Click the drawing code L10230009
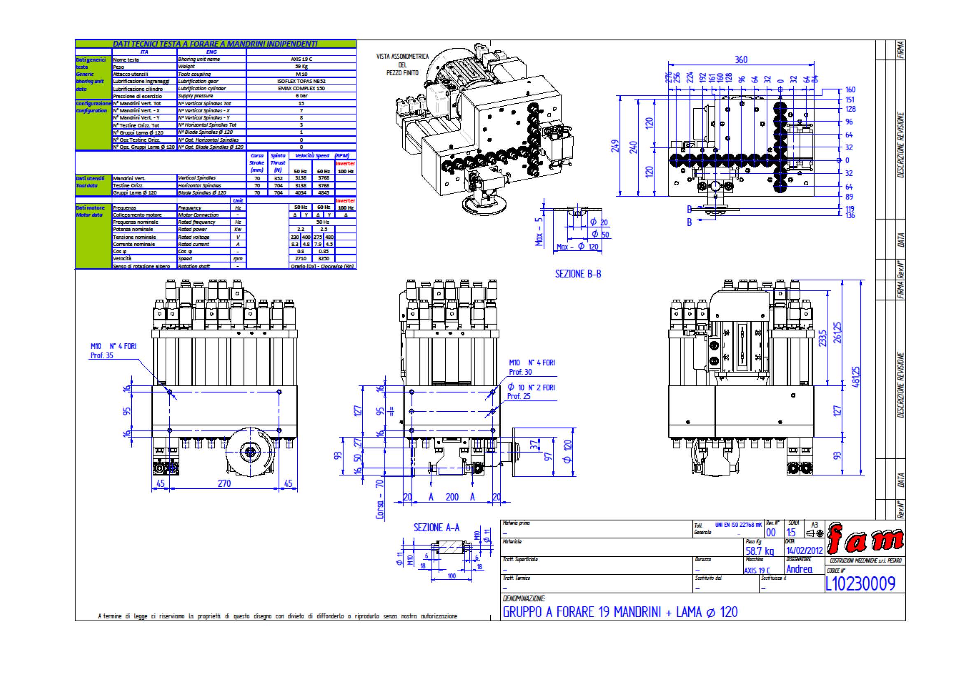[860, 583]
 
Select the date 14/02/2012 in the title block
[804, 550]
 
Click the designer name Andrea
[799, 569]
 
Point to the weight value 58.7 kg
[760, 550]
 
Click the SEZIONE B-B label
[578, 274]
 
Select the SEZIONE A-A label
[436, 527]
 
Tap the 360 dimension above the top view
[741, 60]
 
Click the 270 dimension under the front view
[224, 483]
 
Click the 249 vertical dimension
[615, 146]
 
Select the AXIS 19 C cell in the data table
[301, 59]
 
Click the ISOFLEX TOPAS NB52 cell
[301, 82]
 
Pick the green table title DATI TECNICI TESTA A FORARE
[215, 44]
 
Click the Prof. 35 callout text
[102, 356]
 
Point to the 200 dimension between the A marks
[452, 497]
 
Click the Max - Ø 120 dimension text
[578, 247]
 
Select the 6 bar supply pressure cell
[301, 96]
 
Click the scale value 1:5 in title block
[790, 532]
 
